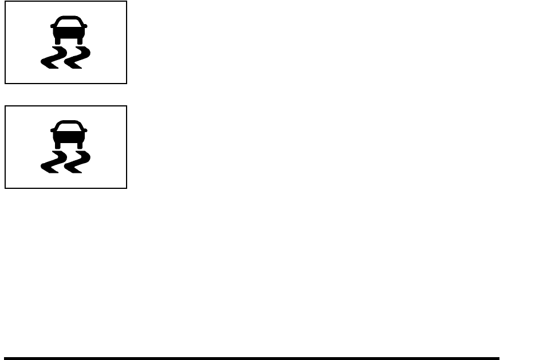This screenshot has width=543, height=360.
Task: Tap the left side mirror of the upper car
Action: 52,26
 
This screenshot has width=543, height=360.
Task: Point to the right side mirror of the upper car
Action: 85,26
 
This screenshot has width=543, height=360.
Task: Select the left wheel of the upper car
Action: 57,41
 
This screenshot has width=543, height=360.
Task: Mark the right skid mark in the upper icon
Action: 77,58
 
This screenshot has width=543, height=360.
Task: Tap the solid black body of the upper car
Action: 69,33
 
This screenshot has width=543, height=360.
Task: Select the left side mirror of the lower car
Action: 52,131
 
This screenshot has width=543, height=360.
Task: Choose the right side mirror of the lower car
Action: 85,131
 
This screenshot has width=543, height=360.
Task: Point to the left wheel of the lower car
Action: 57,146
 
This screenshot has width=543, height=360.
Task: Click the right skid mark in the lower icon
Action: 77,163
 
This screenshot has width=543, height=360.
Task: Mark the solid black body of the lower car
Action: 69,138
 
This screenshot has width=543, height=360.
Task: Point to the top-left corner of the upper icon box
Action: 5,2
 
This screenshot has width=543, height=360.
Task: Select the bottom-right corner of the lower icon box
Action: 126,188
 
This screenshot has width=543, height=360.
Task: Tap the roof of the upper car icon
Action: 69,18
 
